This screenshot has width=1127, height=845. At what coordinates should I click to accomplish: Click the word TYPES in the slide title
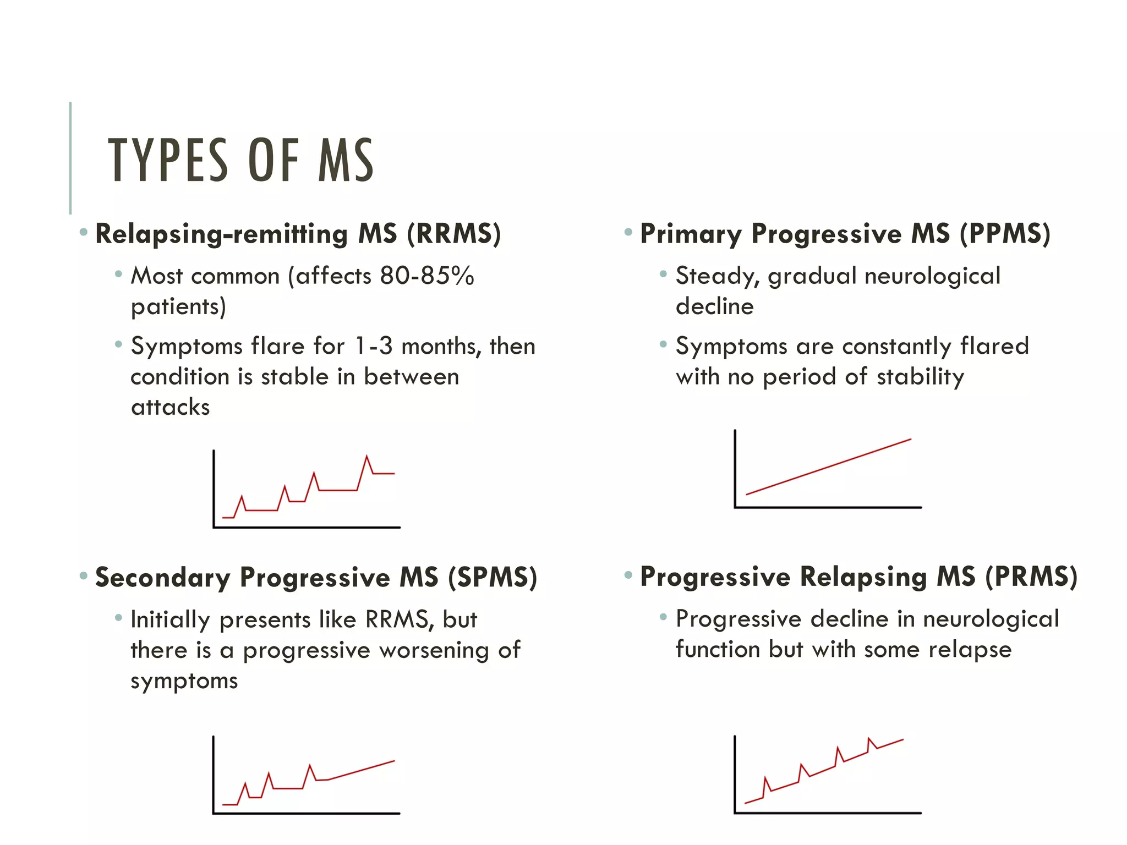[167, 160]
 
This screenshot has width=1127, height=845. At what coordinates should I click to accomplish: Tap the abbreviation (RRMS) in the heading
[454, 234]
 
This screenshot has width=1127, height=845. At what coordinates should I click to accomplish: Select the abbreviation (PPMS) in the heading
[1005, 234]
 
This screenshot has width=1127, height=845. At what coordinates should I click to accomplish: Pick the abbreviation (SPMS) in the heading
[493, 578]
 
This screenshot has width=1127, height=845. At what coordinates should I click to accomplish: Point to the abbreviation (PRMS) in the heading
[1031, 577]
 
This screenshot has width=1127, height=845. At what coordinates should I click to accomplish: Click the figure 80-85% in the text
[426, 276]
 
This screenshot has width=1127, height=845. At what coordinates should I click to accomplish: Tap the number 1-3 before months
[374, 346]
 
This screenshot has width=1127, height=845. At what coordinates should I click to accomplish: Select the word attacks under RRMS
[170, 407]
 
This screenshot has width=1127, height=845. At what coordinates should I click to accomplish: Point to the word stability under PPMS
[920, 377]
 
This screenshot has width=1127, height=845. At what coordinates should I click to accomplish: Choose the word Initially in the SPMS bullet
[170, 620]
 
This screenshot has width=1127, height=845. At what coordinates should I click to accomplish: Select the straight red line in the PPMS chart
[828, 467]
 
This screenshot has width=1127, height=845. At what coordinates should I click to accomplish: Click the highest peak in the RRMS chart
[367, 457]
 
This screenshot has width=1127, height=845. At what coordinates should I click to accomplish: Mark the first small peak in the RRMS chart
[242, 497]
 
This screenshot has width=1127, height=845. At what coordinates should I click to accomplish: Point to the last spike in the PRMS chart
[869, 739]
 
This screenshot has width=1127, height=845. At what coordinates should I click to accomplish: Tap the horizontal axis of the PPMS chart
[828, 507]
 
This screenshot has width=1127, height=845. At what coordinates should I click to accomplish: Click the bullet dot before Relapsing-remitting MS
[84, 232]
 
